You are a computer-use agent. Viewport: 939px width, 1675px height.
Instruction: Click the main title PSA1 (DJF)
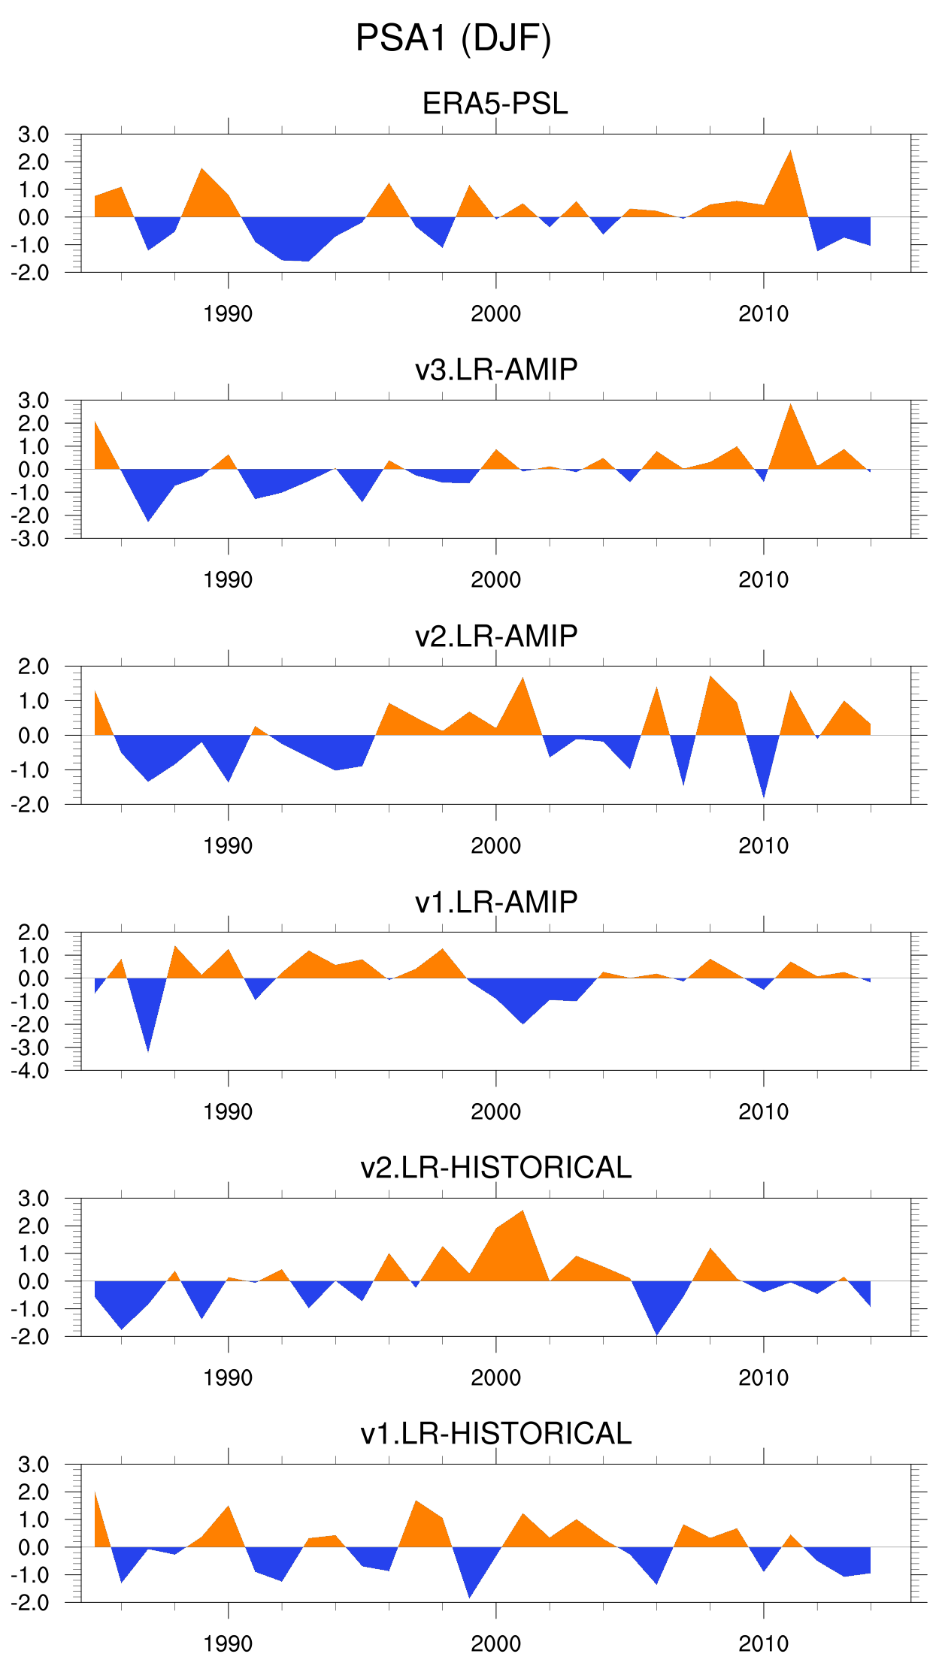tap(453, 39)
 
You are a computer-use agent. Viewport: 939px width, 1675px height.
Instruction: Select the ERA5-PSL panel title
tap(495, 104)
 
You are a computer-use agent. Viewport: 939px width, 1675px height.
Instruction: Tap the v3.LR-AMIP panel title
tap(496, 370)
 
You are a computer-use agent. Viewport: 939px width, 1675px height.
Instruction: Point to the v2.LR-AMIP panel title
tap(496, 636)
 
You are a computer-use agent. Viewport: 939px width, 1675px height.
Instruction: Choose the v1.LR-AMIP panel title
tap(496, 902)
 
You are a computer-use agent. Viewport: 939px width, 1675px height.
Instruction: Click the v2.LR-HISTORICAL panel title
tap(496, 1168)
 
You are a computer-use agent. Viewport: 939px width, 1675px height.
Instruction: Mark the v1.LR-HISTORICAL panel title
tap(496, 1434)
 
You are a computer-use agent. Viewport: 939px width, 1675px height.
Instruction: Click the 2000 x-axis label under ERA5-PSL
tap(495, 314)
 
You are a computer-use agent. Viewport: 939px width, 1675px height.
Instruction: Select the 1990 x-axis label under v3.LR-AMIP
tap(228, 580)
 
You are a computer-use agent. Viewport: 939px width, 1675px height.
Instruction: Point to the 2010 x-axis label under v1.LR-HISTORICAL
tap(763, 1644)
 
